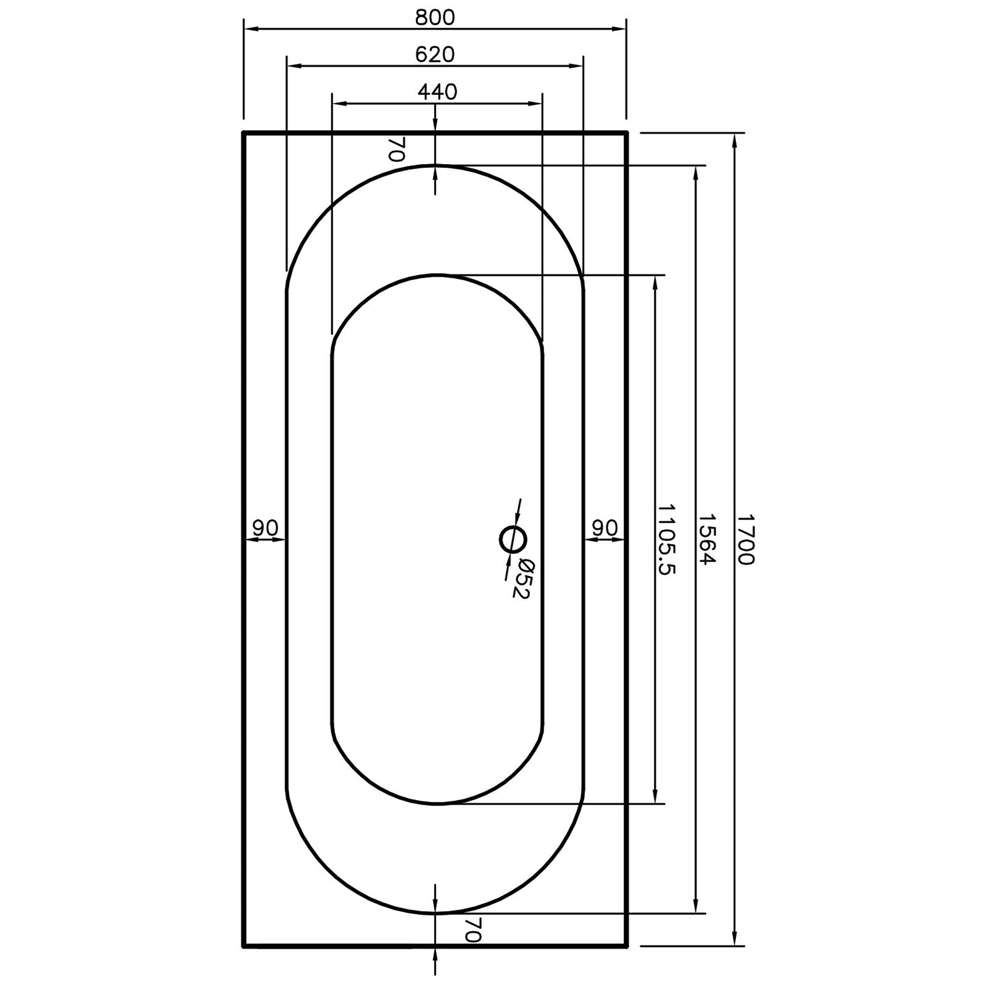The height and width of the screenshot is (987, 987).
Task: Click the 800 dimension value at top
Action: tap(434, 17)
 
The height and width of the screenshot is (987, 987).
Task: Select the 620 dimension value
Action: tap(434, 54)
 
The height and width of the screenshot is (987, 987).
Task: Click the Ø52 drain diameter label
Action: tap(522, 578)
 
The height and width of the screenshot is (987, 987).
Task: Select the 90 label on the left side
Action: tap(265, 528)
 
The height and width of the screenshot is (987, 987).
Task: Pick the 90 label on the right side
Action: tap(605, 528)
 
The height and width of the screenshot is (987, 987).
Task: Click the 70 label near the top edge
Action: tap(396, 149)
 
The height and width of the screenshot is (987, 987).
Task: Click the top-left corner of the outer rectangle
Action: tap(244, 133)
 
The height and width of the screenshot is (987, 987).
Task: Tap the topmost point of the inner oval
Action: tap(436, 275)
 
